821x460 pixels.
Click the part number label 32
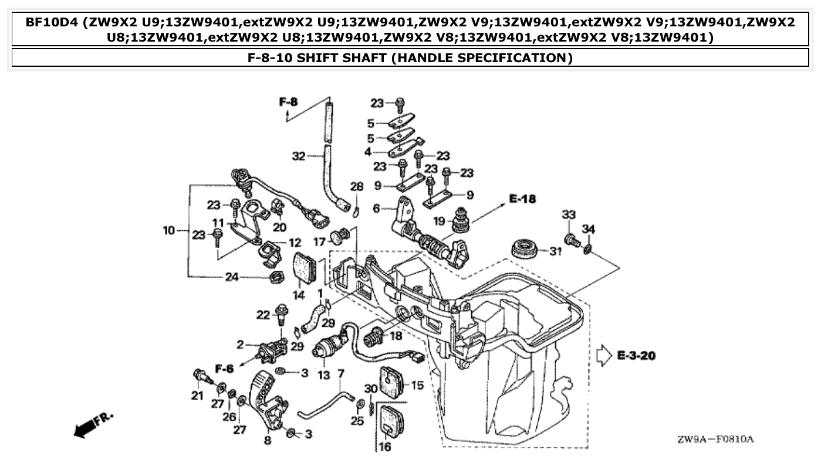(299, 156)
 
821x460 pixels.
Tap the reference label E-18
(522, 199)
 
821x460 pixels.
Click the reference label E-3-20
(636, 356)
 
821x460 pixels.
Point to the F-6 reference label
(224, 368)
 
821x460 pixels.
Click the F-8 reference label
(288, 102)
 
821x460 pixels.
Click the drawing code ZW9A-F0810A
(715, 439)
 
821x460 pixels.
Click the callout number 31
(555, 252)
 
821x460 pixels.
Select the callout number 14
(299, 295)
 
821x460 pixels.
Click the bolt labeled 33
(571, 239)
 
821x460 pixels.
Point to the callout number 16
(385, 447)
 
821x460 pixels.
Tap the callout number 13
(324, 375)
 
